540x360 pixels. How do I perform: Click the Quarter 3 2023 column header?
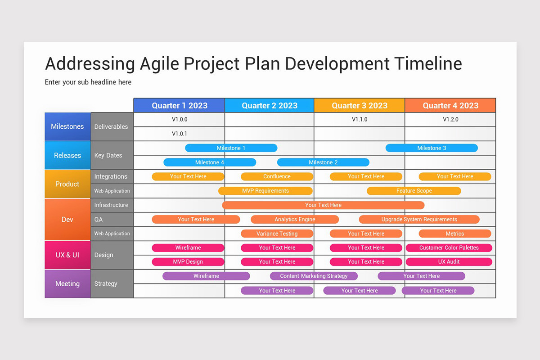pyautogui.click(x=359, y=105)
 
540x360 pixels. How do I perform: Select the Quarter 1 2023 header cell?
pyautogui.click(x=179, y=105)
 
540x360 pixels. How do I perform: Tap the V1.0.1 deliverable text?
pyautogui.click(x=180, y=134)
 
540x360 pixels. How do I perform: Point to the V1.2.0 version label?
pyautogui.click(x=450, y=119)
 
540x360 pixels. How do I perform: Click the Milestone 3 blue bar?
pyautogui.click(x=432, y=148)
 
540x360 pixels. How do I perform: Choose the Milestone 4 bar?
pyautogui.click(x=210, y=162)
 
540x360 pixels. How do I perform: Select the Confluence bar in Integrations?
pyautogui.click(x=277, y=176)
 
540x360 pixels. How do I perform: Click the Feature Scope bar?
pyautogui.click(x=414, y=191)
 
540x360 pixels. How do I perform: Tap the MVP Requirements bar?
pyautogui.click(x=265, y=191)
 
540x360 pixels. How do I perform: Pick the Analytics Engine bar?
pyautogui.click(x=295, y=220)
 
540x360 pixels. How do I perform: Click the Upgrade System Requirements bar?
pyautogui.click(x=419, y=220)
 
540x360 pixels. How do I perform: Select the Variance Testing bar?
pyautogui.click(x=277, y=234)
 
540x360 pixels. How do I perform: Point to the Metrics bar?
pyautogui.click(x=454, y=234)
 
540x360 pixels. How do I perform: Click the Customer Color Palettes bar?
pyautogui.click(x=449, y=247)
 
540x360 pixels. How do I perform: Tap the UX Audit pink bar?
pyautogui.click(x=449, y=262)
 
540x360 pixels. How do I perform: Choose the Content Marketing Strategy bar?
pyautogui.click(x=314, y=276)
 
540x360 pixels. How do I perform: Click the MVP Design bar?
pyautogui.click(x=188, y=262)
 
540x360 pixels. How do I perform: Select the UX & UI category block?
pyautogui.click(x=67, y=255)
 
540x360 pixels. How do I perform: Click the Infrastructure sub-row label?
pyautogui.click(x=111, y=205)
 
